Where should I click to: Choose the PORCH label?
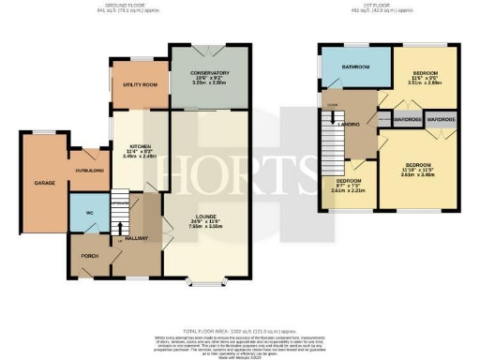[90, 255]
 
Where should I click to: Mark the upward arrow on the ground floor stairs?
[119, 224]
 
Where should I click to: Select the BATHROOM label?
[356, 67]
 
